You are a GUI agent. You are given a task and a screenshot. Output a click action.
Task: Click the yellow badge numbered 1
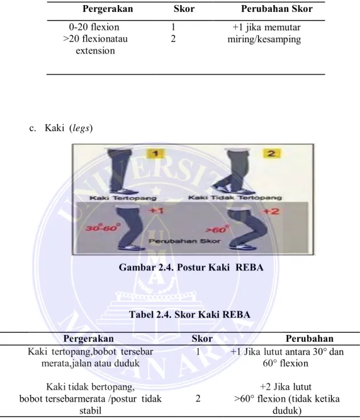coord(156,153)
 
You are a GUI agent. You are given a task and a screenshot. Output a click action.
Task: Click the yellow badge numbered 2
coord(271,153)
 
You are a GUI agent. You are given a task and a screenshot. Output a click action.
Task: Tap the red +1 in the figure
coord(156,211)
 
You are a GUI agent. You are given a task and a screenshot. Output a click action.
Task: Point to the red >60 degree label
coord(217,229)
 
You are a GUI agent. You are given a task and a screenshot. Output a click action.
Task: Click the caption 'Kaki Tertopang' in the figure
coord(123,198)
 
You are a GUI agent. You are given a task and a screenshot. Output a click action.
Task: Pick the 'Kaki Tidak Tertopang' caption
coord(235,198)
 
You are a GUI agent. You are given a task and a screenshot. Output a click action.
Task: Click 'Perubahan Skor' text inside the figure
coord(185,241)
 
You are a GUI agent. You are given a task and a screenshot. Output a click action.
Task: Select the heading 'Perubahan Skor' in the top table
coord(277,9)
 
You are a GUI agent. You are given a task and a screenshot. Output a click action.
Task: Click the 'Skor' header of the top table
coord(184,9)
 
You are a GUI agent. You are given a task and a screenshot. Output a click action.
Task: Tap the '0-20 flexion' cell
coord(94,27)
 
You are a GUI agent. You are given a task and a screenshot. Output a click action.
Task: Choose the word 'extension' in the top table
coord(95,51)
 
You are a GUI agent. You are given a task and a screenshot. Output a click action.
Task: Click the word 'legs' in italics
coord(81,128)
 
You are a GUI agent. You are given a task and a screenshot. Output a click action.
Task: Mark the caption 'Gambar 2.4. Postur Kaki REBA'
coord(191,267)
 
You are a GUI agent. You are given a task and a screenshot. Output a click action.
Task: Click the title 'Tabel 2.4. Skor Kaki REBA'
coord(190,314)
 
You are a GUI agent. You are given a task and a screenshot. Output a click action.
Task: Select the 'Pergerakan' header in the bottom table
coord(88,339)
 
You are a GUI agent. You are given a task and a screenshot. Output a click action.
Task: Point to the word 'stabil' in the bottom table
coord(90,411)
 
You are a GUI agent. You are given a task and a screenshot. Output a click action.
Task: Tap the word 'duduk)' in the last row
coord(287,411)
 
